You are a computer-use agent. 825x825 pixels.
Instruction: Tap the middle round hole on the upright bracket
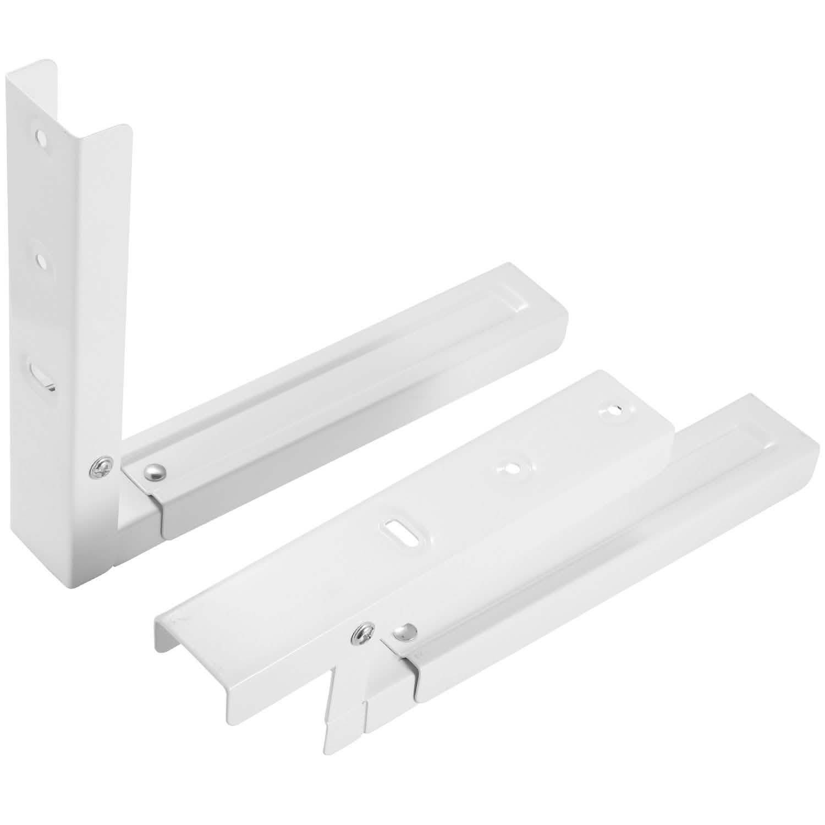pyautogui.click(x=41, y=258)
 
